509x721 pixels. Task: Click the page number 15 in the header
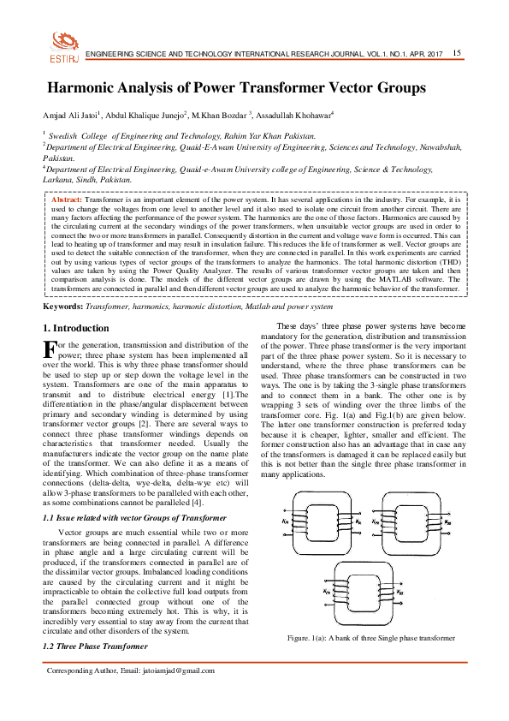(x=457, y=53)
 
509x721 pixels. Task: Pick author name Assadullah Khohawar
(x=293, y=116)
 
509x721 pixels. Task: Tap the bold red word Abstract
(x=67, y=200)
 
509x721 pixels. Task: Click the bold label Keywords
(x=63, y=306)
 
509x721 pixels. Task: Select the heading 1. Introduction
(x=75, y=328)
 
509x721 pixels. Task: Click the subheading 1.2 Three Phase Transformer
(x=95, y=647)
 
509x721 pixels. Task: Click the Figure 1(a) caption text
(x=370, y=638)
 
